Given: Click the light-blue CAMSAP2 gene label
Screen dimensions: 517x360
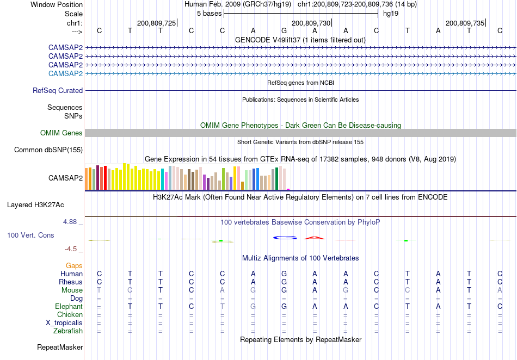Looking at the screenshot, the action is click(65, 73).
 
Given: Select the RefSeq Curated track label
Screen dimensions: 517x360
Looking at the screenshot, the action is click(58, 90).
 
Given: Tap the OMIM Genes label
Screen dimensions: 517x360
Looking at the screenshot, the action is click(61, 133).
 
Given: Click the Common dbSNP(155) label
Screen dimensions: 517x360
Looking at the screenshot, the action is click(48, 150).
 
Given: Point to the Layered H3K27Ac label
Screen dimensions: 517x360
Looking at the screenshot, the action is click(35, 205).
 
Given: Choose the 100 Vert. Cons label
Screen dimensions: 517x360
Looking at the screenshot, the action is click(30, 235).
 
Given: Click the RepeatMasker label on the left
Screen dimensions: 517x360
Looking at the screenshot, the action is click(60, 347).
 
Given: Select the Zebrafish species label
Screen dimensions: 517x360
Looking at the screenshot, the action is click(68, 331).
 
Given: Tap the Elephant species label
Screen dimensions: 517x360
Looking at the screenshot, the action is click(69, 306).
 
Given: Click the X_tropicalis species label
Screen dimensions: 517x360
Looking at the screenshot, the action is click(64, 323).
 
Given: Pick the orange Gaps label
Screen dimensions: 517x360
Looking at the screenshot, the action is click(74, 265).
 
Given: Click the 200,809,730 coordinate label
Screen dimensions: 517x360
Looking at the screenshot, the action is click(311, 23).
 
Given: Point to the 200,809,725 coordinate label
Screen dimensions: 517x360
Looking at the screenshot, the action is click(156, 23).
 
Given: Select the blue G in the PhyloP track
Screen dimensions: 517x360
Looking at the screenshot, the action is click(284, 238).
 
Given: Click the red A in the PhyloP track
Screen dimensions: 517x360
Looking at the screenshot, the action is click(314, 238).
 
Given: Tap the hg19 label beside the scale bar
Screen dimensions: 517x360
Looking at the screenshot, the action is click(391, 14).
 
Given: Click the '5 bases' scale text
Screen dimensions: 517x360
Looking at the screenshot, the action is click(210, 14).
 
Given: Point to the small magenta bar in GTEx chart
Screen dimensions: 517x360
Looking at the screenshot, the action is click(288, 189).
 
